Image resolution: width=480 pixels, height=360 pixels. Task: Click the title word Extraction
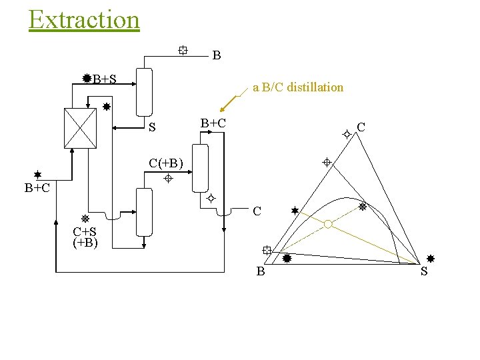click(x=84, y=19)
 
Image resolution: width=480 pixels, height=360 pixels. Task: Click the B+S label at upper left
click(x=105, y=79)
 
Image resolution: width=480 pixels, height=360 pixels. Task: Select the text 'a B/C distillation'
click(x=298, y=87)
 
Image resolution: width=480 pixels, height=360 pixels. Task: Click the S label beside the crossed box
click(x=152, y=127)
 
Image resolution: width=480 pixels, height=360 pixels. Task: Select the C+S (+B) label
click(x=85, y=237)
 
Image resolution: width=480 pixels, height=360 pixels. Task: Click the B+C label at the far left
click(x=37, y=188)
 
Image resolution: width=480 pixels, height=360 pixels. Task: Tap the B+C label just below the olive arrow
click(x=213, y=123)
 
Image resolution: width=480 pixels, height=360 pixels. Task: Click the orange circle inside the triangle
click(x=327, y=225)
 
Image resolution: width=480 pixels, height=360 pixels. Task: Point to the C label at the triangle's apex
click(x=361, y=127)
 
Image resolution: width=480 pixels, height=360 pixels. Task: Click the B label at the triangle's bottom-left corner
click(x=261, y=271)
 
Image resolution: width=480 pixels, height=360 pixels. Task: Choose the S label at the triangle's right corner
click(x=425, y=271)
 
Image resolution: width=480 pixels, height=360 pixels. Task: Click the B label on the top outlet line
click(x=217, y=56)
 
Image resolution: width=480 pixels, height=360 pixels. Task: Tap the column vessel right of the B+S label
click(x=145, y=91)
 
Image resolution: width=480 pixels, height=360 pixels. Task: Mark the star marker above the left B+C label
click(x=38, y=174)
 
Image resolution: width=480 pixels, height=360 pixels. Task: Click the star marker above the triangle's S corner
click(x=431, y=258)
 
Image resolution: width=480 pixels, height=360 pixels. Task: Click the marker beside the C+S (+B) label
click(x=85, y=219)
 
